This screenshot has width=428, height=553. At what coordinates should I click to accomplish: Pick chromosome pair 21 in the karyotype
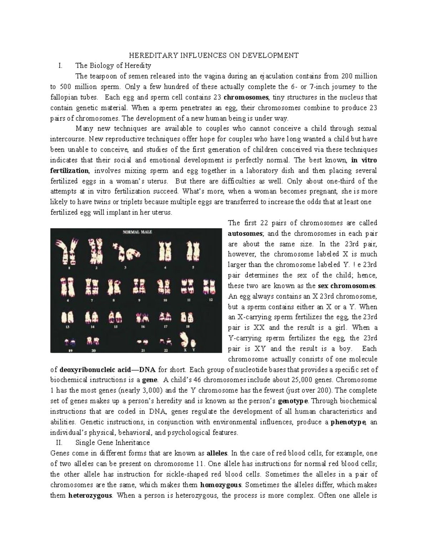(x=143, y=342)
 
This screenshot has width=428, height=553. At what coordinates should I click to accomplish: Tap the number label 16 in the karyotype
(x=143, y=326)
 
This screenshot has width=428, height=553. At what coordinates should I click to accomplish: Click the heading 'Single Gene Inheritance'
(x=113, y=443)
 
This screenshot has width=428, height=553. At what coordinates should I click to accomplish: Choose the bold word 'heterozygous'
(x=90, y=495)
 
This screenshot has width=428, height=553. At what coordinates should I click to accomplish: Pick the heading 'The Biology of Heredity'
(x=113, y=66)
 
